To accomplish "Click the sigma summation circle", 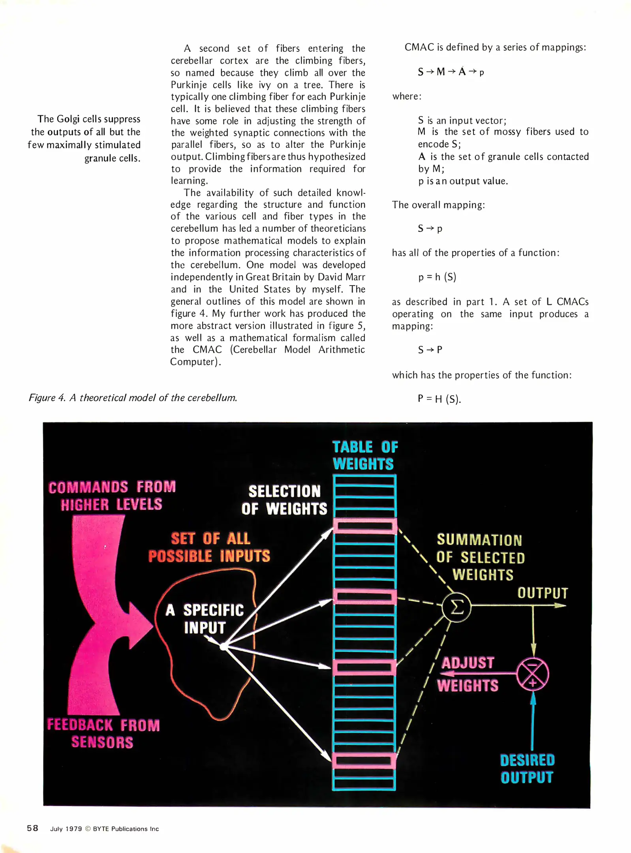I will [x=456, y=607].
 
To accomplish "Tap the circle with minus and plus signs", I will [x=533, y=675].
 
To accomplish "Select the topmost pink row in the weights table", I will [x=364, y=526].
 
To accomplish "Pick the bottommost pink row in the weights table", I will [x=364, y=760].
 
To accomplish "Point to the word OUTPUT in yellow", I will [x=543, y=593].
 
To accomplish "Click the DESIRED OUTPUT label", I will [x=527, y=768].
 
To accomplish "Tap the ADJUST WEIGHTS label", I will [x=468, y=674].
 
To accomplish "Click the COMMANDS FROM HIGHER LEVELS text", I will [x=112, y=496].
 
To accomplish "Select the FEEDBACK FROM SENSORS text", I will [x=103, y=734].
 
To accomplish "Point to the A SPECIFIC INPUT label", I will [x=205, y=618].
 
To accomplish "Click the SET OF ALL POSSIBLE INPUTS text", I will [x=209, y=547].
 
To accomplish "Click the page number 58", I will [x=32, y=828].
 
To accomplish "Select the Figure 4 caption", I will [x=133, y=398].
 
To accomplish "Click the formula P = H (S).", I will [x=439, y=399].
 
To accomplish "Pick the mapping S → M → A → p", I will [x=451, y=72].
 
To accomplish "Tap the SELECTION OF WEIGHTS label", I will [x=284, y=500].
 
